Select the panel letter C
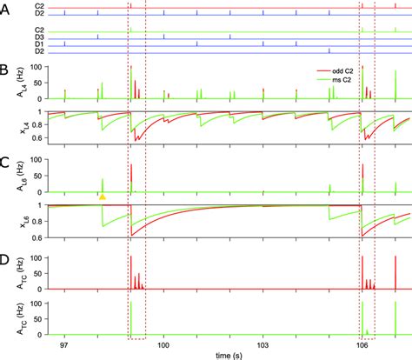(5, 163)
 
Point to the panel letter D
(5, 258)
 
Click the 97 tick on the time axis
(63, 346)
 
